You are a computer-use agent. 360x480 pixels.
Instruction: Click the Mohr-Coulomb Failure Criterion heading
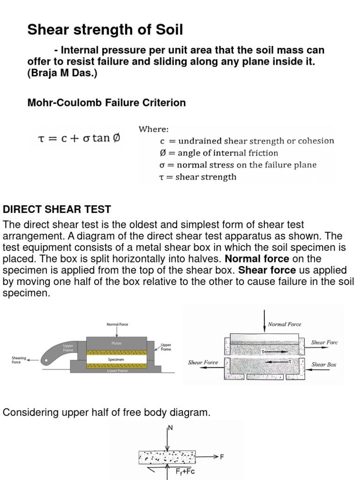(107, 103)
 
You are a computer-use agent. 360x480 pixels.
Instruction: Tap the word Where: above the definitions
(154, 129)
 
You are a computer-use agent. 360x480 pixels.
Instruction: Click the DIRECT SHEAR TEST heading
(57, 209)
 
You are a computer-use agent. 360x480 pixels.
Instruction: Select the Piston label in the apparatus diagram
(117, 343)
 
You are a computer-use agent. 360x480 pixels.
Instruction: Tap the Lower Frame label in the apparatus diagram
(117, 371)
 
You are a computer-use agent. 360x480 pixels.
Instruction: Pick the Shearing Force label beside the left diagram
(19, 360)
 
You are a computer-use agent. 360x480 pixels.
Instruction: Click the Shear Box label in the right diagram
(324, 364)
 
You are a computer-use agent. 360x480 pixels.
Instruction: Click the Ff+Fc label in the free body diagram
(183, 471)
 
